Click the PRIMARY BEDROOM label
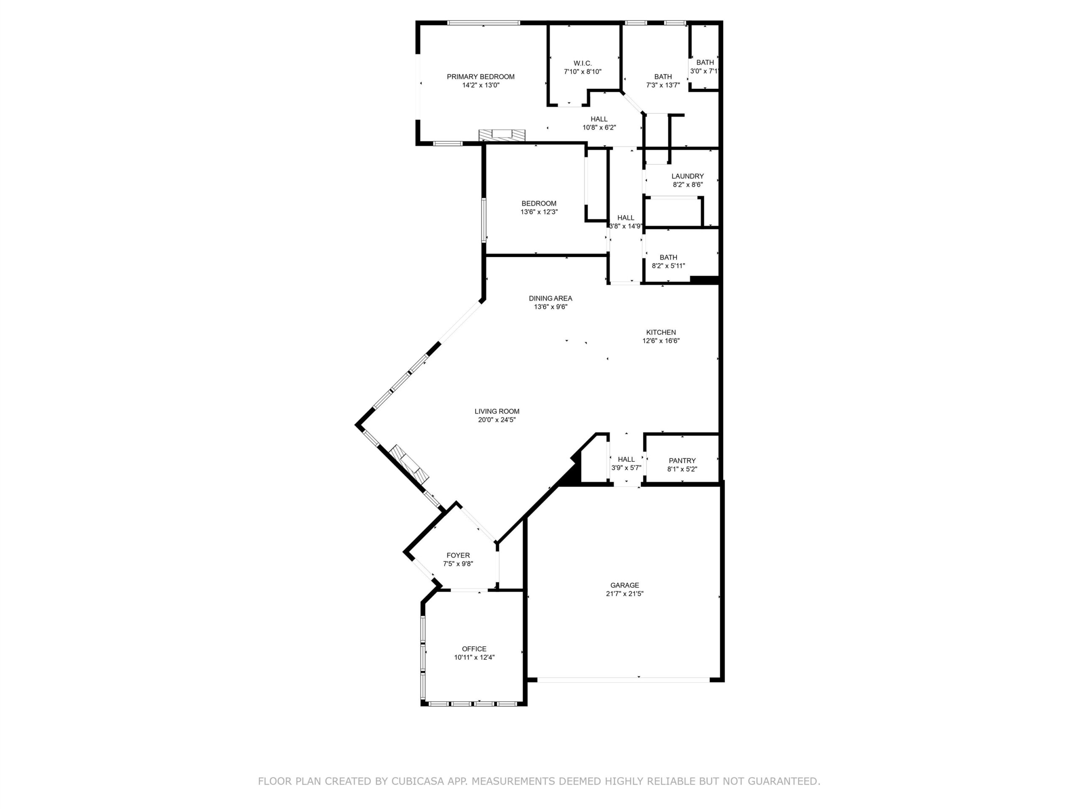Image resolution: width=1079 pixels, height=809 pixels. (x=480, y=77)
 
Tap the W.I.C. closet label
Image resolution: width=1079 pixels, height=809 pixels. (x=582, y=63)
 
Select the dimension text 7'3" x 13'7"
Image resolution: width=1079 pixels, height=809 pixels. (x=663, y=85)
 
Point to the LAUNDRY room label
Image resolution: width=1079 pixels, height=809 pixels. (x=687, y=176)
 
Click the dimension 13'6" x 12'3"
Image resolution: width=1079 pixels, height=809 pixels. (x=539, y=212)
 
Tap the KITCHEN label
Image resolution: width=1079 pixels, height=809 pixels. (x=661, y=332)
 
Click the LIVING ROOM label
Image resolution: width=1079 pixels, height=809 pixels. (x=497, y=411)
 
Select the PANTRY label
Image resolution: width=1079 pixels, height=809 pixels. (x=682, y=461)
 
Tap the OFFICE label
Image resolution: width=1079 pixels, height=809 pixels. (x=474, y=648)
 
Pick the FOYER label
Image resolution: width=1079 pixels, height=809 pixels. (x=458, y=555)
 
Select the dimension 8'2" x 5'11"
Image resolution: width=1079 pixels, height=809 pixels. (x=668, y=266)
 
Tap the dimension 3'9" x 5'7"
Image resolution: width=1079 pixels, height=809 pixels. (x=626, y=468)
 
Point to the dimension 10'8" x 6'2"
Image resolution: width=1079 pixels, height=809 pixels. (x=599, y=127)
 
